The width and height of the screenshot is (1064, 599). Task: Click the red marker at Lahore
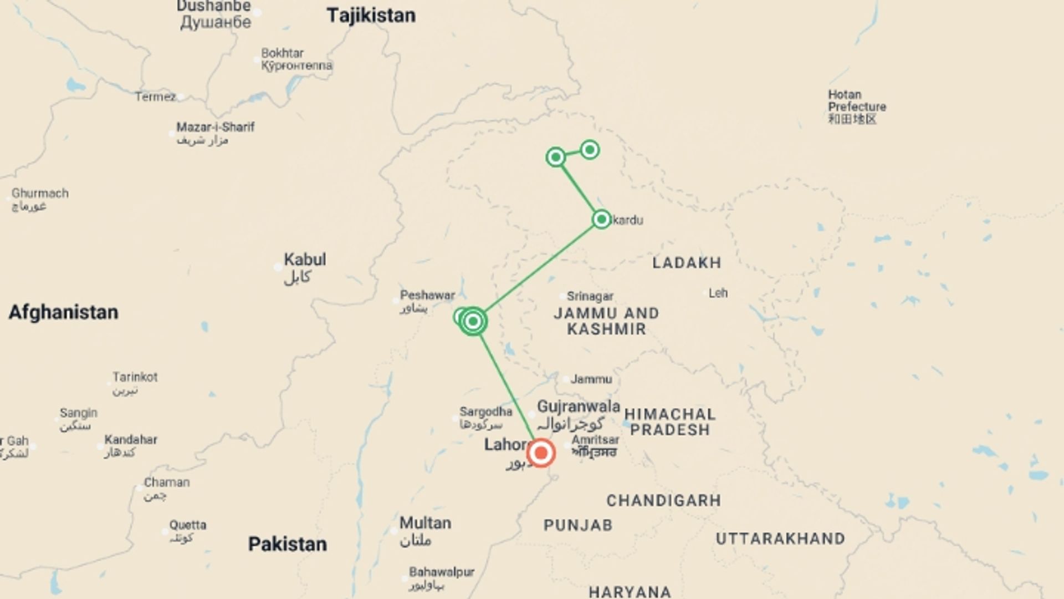pyautogui.click(x=541, y=453)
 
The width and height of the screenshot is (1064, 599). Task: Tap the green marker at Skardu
pyautogui.click(x=601, y=220)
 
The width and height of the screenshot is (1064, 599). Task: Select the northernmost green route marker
pyautogui.click(x=590, y=150)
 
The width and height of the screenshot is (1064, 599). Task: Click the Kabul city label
pyautogui.click(x=304, y=260)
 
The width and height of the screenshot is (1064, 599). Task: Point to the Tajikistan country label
pyautogui.click(x=371, y=16)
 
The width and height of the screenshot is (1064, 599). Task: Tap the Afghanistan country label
pyautogui.click(x=63, y=312)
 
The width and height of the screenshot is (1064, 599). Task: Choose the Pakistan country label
pyautogui.click(x=287, y=544)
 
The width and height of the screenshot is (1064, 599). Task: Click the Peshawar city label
pyautogui.click(x=427, y=296)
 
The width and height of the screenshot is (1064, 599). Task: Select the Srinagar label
pyautogui.click(x=590, y=297)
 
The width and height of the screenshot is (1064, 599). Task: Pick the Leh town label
pyautogui.click(x=718, y=293)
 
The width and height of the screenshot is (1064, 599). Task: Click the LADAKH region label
pyautogui.click(x=687, y=263)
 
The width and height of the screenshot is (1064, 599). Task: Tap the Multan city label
pyautogui.click(x=425, y=523)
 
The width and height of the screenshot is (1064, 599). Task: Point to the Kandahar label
pyautogui.click(x=131, y=440)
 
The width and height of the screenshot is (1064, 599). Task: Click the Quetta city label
pyautogui.click(x=188, y=525)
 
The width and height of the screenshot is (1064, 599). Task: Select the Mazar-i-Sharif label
pyautogui.click(x=215, y=127)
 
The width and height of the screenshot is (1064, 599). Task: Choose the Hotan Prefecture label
pyautogui.click(x=856, y=101)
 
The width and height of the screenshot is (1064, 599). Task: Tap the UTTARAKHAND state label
pyautogui.click(x=780, y=539)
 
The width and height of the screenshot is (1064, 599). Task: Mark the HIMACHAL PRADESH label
pyautogui.click(x=670, y=422)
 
